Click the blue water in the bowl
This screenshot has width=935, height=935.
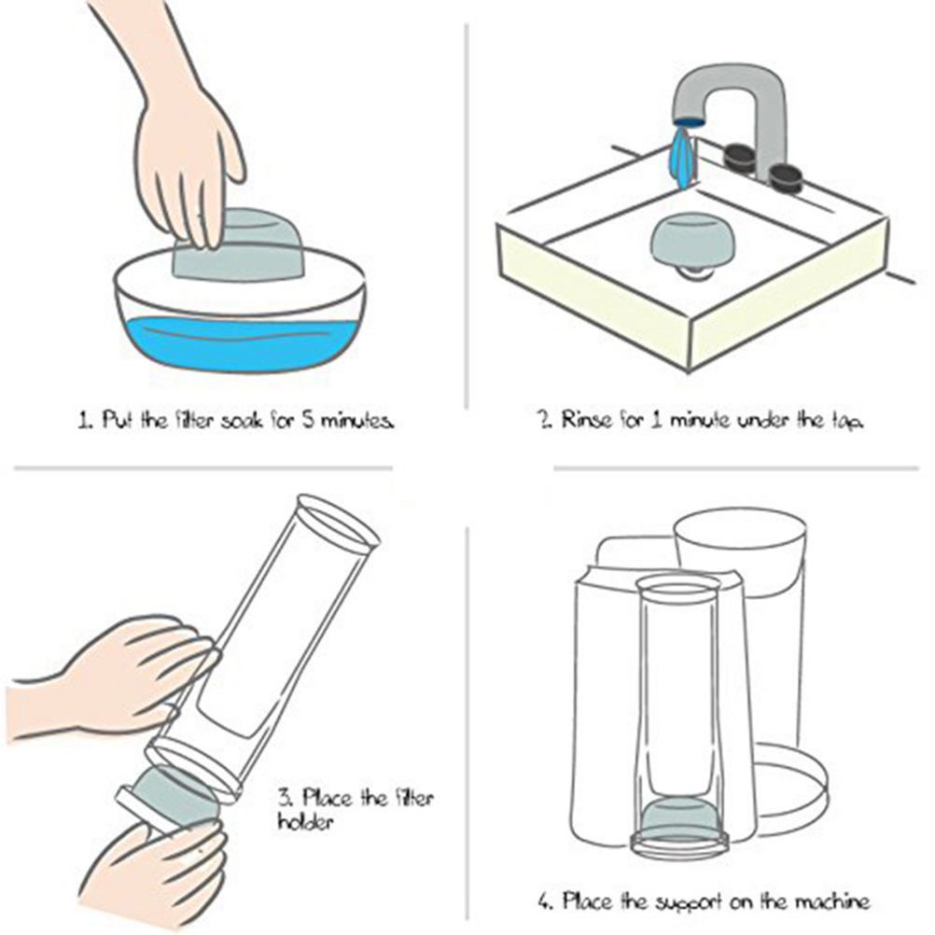(242, 344)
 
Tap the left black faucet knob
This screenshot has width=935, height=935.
(740, 157)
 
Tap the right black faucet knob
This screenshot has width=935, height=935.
(785, 176)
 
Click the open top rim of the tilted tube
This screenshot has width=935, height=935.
(338, 522)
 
